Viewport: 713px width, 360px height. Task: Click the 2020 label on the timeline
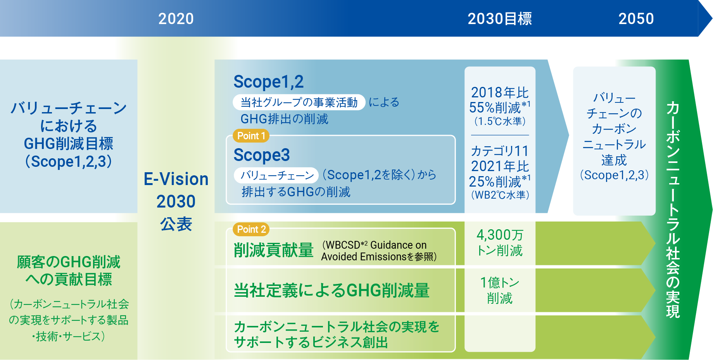click(x=176, y=19)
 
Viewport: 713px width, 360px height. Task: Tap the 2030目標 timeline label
click(x=500, y=19)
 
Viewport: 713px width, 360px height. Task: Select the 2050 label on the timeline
click(x=636, y=19)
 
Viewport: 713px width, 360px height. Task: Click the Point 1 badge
click(x=251, y=136)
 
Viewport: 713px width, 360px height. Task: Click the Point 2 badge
click(x=251, y=229)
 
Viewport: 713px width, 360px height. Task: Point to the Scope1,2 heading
click(x=268, y=82)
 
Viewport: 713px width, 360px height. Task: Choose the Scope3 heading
click(x=262, y=155)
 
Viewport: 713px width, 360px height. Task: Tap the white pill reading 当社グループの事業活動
click(x=299, y=102)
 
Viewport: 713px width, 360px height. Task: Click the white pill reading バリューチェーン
click(x=276, y=175)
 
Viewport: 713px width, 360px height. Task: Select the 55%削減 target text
click(x=499, y=107)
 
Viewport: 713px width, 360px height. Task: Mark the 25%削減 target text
click(x=499, y=181)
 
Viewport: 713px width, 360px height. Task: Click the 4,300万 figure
click(x=500, y=235)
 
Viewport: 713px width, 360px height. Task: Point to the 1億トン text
click(x=500, y=282)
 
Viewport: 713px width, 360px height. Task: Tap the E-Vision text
click(x=176, y=179)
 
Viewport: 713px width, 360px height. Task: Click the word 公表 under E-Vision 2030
click(x=176, y=224)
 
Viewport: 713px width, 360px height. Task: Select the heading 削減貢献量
click(x=273, y=250)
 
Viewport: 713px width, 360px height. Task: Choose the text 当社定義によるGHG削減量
click(x=331, y=290)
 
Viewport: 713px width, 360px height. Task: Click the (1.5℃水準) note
click(x=500, y=121)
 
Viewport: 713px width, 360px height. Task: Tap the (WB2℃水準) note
click(x=500, y=195)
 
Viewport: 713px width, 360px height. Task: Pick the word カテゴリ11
click(x=500, y=151)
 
